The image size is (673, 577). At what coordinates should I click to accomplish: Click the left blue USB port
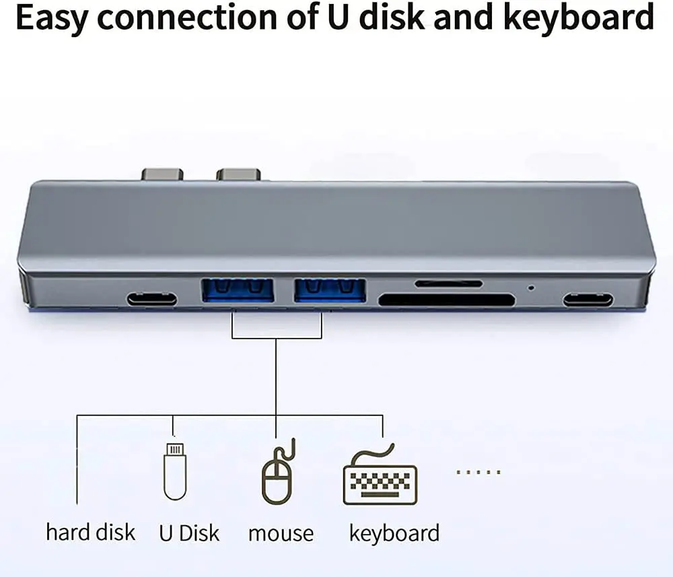tap(238, 291)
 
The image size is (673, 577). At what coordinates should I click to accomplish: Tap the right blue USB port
tap(330, 291)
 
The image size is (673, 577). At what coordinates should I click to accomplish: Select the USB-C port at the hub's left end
tap(152, 298)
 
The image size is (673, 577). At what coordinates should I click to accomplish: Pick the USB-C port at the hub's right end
tap(588, 299)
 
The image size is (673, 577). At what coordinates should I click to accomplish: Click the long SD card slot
tap(446, 300)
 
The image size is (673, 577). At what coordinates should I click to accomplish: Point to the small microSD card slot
tap(448, 283)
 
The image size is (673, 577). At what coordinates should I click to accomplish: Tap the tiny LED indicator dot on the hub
tap(531, 287)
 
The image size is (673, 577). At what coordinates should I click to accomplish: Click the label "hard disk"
tap(90, 533)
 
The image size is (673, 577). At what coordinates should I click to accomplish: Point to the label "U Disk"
tap(189, 533)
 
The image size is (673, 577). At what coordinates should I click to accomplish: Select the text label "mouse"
tap(281, 534)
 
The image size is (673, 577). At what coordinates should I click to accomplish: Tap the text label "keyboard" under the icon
tap(394, 533)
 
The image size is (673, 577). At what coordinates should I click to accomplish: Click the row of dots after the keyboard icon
tap(479, 472)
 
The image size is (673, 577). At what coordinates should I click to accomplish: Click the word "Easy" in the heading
tap(52, 18)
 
